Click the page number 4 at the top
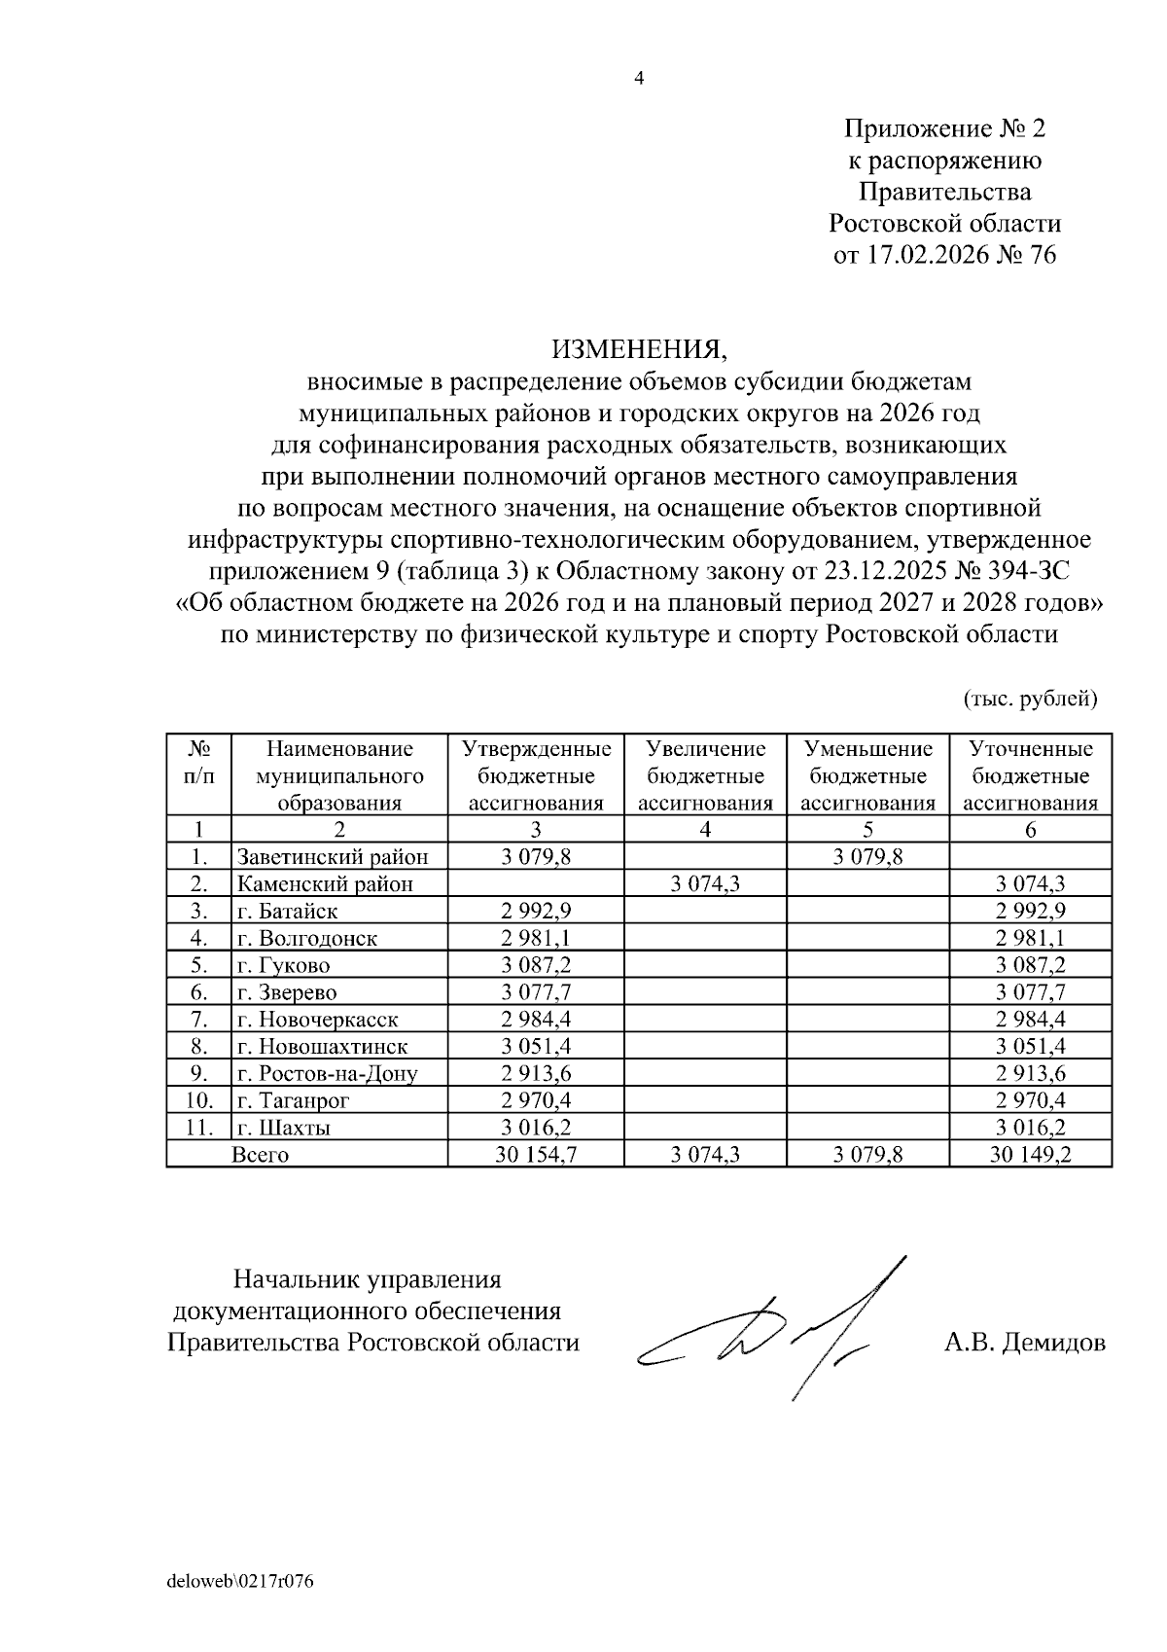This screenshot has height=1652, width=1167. pos(639,80)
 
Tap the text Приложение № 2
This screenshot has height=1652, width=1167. pos(944,128)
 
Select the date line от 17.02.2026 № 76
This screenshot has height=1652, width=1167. pos(944,255)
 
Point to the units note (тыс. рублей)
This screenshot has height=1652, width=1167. pos(1030,699)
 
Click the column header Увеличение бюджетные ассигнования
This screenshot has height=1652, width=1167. pos(705,775)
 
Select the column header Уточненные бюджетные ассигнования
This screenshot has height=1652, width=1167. pos(1030,775)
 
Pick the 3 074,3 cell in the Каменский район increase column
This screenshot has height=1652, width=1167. pos(705,884)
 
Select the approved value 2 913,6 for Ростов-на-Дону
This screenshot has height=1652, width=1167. pos(536,1074)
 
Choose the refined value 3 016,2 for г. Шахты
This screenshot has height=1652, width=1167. pos(1030,1128)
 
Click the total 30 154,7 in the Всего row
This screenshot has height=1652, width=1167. pos(536,1155)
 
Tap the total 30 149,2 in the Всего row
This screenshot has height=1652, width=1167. pos(1030,1155)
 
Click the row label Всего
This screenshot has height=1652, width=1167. pos(260,1155)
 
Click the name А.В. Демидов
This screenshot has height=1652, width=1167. pos(1024,1344)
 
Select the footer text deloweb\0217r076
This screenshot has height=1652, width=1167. pos(240,1582)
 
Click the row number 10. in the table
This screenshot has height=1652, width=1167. pos(199,1101)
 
